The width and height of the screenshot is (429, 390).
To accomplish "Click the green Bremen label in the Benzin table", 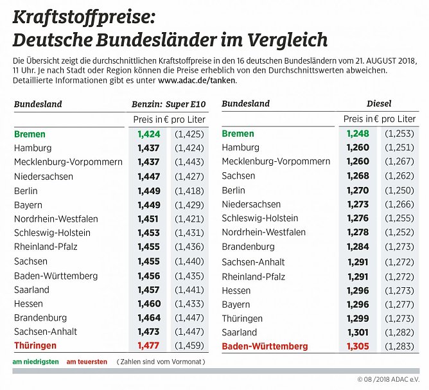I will [x=30, y=134].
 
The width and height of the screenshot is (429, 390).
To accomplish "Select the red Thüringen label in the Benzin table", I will [x=35, y=346].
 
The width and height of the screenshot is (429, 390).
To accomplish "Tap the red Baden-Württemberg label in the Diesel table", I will [x=265, y=346].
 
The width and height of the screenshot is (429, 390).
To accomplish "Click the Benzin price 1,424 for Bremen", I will [x=148, y=134].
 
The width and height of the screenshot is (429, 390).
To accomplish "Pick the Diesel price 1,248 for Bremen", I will [x=358, y=134].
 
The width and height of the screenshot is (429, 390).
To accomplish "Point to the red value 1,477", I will [x=148, y=346].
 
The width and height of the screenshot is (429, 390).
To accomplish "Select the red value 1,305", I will [x=358, y=346].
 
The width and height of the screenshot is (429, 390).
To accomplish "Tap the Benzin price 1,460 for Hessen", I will [x=148, y=303].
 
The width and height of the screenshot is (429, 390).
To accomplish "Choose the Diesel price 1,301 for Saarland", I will [x=358, y=332].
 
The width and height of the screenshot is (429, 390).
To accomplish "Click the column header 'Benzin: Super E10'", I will [x=169, y=104].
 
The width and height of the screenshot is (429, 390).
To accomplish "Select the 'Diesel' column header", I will [x=379, y=103].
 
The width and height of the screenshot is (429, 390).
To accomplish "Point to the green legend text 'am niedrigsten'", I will [x=35, y=362].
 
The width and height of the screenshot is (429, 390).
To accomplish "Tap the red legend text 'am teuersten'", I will [x=87, y=362].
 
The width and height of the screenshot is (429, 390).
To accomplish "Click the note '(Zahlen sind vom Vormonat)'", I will [x=161, y=362].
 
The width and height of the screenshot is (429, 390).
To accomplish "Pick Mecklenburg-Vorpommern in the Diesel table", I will [x=276, y=162].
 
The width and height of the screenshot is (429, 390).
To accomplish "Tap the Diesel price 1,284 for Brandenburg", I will [x=358, y=247].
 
